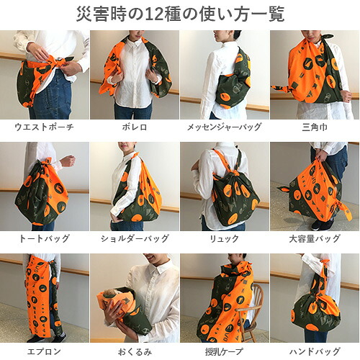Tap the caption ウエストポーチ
point(44,127)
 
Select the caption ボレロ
point(135,127)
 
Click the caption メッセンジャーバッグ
point(224,127)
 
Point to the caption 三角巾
point(315,127)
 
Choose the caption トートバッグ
point(44,238)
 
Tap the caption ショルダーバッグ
point(135,238)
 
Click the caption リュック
point(225,239)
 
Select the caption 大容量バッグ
point(315,238)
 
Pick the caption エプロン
point(44,351)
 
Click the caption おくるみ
point(135,352)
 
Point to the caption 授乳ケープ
point(224,351)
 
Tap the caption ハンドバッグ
point(315,351)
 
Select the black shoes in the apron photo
point(47,338)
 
